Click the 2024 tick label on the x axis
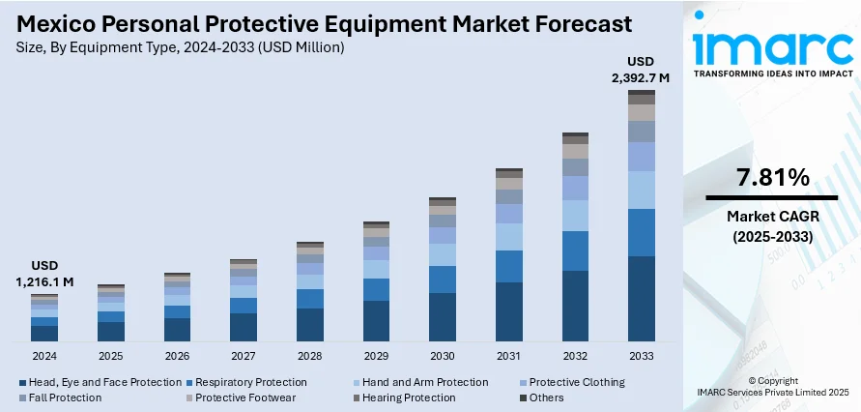click(44, 356)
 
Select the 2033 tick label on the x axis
click(642, 356)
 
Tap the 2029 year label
click(376, 356)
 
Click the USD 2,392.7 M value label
click(641, 71)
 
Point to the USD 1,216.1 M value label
click(44, 274)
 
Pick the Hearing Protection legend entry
click(408, 397)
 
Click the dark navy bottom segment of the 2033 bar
click(642, 299)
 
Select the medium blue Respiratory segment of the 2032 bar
click(575, 250)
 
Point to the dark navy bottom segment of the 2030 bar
click(443, 317)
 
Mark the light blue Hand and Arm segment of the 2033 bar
click(642, 191)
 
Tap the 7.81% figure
click(772, 177)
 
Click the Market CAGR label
click(772, 216)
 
